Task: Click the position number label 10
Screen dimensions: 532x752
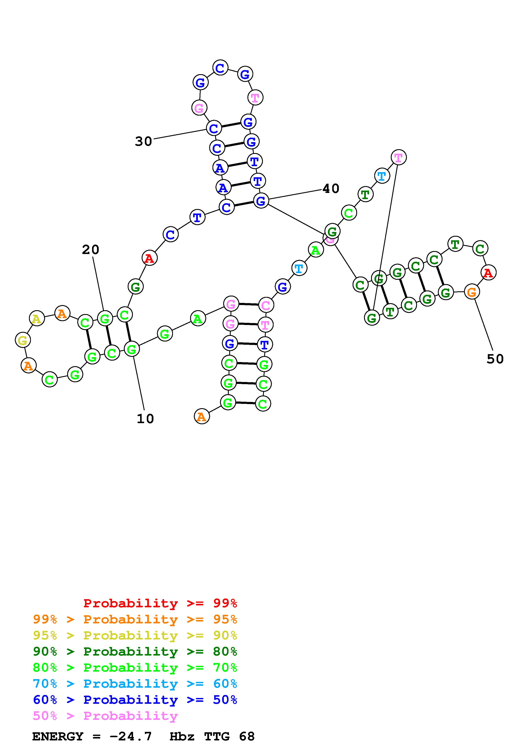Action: pyautogui.click(x=145, y=419)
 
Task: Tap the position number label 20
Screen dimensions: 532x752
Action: pyautogui.click(x=91, y=250)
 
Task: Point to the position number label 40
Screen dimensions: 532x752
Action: pyautogui.click(x=331, y=189)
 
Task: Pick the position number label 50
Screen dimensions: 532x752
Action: pyautogui.click(x=495, y=359)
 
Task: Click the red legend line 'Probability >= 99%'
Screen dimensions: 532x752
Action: pyautogui.click(x=160, y=603)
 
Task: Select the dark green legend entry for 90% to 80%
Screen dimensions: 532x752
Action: pyautogui.click(x=135, y=651)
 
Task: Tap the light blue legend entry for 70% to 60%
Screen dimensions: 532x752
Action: pyautogui.click(x=135, y=684)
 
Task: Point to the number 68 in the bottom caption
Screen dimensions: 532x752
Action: pyautogui.click(x=247, y=737)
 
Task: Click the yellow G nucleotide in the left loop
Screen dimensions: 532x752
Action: pyautogui.click(x=23, y=340)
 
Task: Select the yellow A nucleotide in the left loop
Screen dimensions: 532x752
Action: pyautogui.click(x=37, y=318)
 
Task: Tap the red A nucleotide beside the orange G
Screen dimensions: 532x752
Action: pyautogui.click(x=488, y=272)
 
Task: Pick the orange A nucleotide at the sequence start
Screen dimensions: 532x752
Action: pyautogui.click(x=202, y=417)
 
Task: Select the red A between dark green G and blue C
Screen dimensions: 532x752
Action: pyautogui.click(x=150, y=258)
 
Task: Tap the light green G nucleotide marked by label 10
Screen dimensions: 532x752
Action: pyautogui.click(x=131, y=349)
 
